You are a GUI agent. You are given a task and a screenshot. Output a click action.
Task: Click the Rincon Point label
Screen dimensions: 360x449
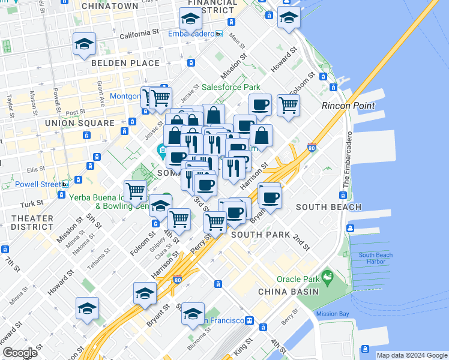[x=348, y=106]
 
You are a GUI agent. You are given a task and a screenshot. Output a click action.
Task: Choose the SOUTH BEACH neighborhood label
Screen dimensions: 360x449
[x=329, y=207]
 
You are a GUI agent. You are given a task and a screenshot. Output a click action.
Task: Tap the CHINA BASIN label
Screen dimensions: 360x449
[x=288, y=292]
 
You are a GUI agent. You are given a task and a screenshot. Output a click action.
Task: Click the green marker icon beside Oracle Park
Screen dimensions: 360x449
[x=327, y=278]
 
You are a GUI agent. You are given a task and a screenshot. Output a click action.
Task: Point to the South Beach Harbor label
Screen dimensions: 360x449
[x=376, y=259]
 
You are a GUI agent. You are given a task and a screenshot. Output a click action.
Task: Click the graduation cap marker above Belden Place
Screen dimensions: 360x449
[x=85, y=44]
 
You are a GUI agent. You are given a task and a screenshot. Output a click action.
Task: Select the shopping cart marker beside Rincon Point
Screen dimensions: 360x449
[x=288, y=104]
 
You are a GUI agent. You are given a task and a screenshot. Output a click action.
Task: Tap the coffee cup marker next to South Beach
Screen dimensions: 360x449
[x=270, y=196]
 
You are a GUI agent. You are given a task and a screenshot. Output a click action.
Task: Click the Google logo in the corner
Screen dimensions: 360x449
[x=19, y=353]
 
